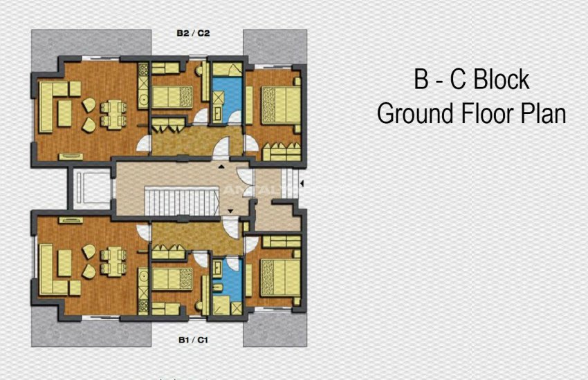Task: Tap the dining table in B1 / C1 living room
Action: pos(111,262)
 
